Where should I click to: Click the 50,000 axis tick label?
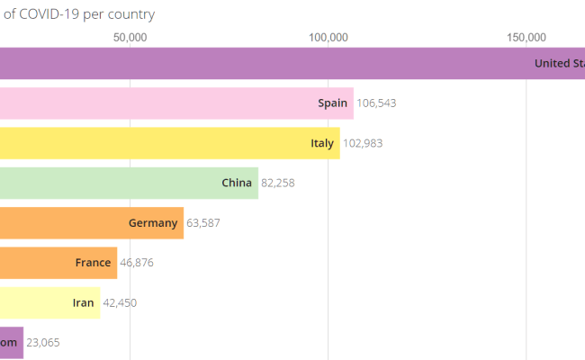tap(130, 37)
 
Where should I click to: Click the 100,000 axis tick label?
tap(328, 37)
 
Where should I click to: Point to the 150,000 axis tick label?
tap(526, 37)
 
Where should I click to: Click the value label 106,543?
tap(376, 103)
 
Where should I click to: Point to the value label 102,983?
tap(364, 143)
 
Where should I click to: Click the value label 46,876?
tap(138, 263)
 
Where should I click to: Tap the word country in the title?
tap(131, 14)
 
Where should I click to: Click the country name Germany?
tap(153, 223)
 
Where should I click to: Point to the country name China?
tap(237, 183)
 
